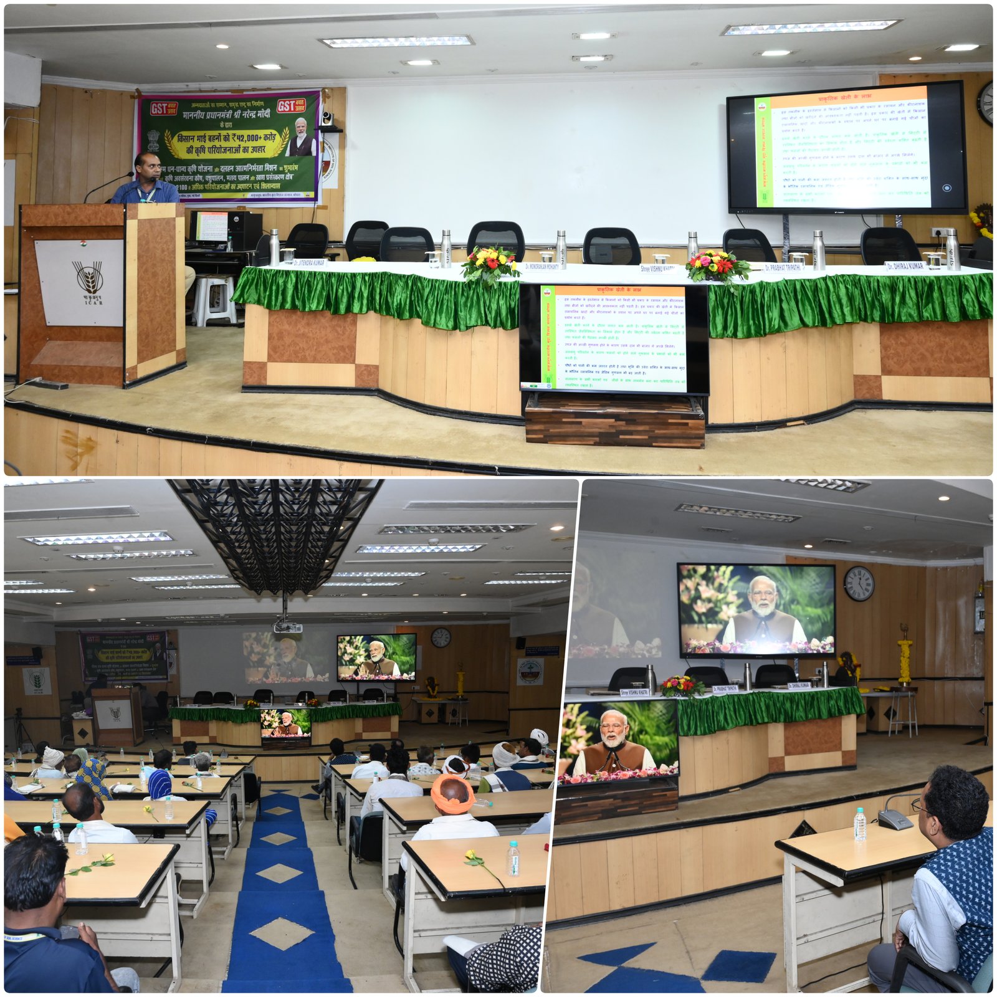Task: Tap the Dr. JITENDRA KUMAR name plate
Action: [310, 264]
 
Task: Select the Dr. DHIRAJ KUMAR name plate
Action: [905, 266]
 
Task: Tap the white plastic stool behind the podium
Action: [214, 299]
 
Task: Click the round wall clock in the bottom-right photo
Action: [859, 584]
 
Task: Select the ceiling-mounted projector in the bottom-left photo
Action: [287, 626]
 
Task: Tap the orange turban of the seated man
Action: [452, 792]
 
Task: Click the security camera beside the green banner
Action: [328, 120]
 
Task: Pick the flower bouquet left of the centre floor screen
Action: [490, 264]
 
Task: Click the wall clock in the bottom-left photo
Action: [441, 637]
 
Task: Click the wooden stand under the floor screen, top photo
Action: [614, 422]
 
